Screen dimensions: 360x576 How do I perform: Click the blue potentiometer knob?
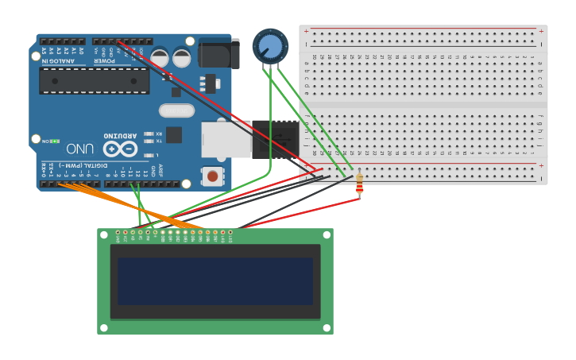coord(270,46)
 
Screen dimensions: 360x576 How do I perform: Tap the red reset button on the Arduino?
coord(212,176)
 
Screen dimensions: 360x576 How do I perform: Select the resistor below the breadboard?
coord(359,184)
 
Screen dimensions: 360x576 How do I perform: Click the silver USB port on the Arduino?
coord(226,139)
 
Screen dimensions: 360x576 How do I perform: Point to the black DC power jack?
coord(218,54)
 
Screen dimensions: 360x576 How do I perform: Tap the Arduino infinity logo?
coord(120,149)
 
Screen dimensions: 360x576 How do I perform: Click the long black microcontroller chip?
coord(94,80)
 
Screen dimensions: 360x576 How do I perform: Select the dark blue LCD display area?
coord(215,281)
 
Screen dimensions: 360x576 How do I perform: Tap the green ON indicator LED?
coord(55,141)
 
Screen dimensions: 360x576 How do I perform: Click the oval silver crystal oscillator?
coord(176,110)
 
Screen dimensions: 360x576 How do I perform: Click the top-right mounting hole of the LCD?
coord(326,235)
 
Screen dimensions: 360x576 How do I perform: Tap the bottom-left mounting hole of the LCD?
coord(104,327)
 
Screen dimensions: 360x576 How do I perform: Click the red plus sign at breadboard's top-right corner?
coord(541,32)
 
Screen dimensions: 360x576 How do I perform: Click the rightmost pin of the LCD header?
coord(230,233)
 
